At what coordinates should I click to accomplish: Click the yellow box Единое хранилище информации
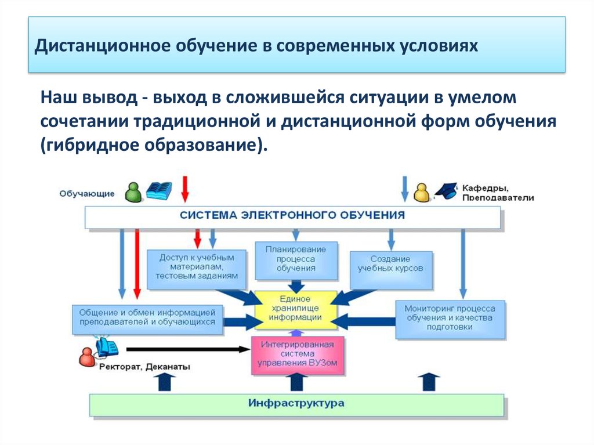click(296, 310)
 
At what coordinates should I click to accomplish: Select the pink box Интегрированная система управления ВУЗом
click(298, 355)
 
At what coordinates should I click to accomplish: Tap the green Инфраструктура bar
click(296, 405)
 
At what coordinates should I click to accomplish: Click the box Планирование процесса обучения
click(296, 261)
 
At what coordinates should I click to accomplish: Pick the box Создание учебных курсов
click(391, 270)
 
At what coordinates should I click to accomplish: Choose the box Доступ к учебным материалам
click(196, 269)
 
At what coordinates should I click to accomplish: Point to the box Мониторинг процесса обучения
click(450, 320)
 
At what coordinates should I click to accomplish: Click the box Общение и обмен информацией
click(147, 320)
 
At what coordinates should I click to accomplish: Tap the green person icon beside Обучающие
click(133, 192)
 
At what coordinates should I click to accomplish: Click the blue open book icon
click(159, 191)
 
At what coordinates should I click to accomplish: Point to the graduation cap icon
click(446, 191)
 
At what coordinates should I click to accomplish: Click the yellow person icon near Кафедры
click(421, 193)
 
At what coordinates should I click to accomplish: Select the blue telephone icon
click(107, 347)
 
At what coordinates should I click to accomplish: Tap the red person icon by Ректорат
click(87, 357)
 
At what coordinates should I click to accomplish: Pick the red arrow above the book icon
click(185, 189)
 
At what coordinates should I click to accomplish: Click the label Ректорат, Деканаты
click(144, 367)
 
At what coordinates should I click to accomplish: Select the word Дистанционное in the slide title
click(102, 45)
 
